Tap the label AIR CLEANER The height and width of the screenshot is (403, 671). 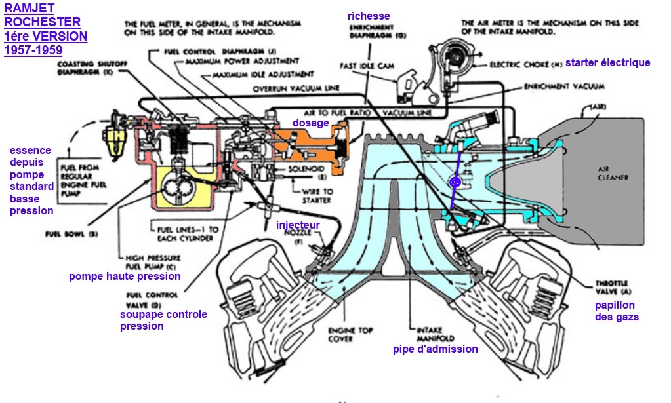pos(613,172)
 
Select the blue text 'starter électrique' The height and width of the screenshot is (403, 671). pos(607,63)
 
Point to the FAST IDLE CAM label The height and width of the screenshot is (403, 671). pos(366,66)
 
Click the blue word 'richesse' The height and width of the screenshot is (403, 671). pos(369,16)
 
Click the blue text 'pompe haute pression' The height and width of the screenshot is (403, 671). pos(125,277)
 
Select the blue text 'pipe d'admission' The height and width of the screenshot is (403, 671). pos(435,349)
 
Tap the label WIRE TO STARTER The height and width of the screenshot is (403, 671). pos(319,195)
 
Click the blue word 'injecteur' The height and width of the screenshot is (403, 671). pos(298,225)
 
